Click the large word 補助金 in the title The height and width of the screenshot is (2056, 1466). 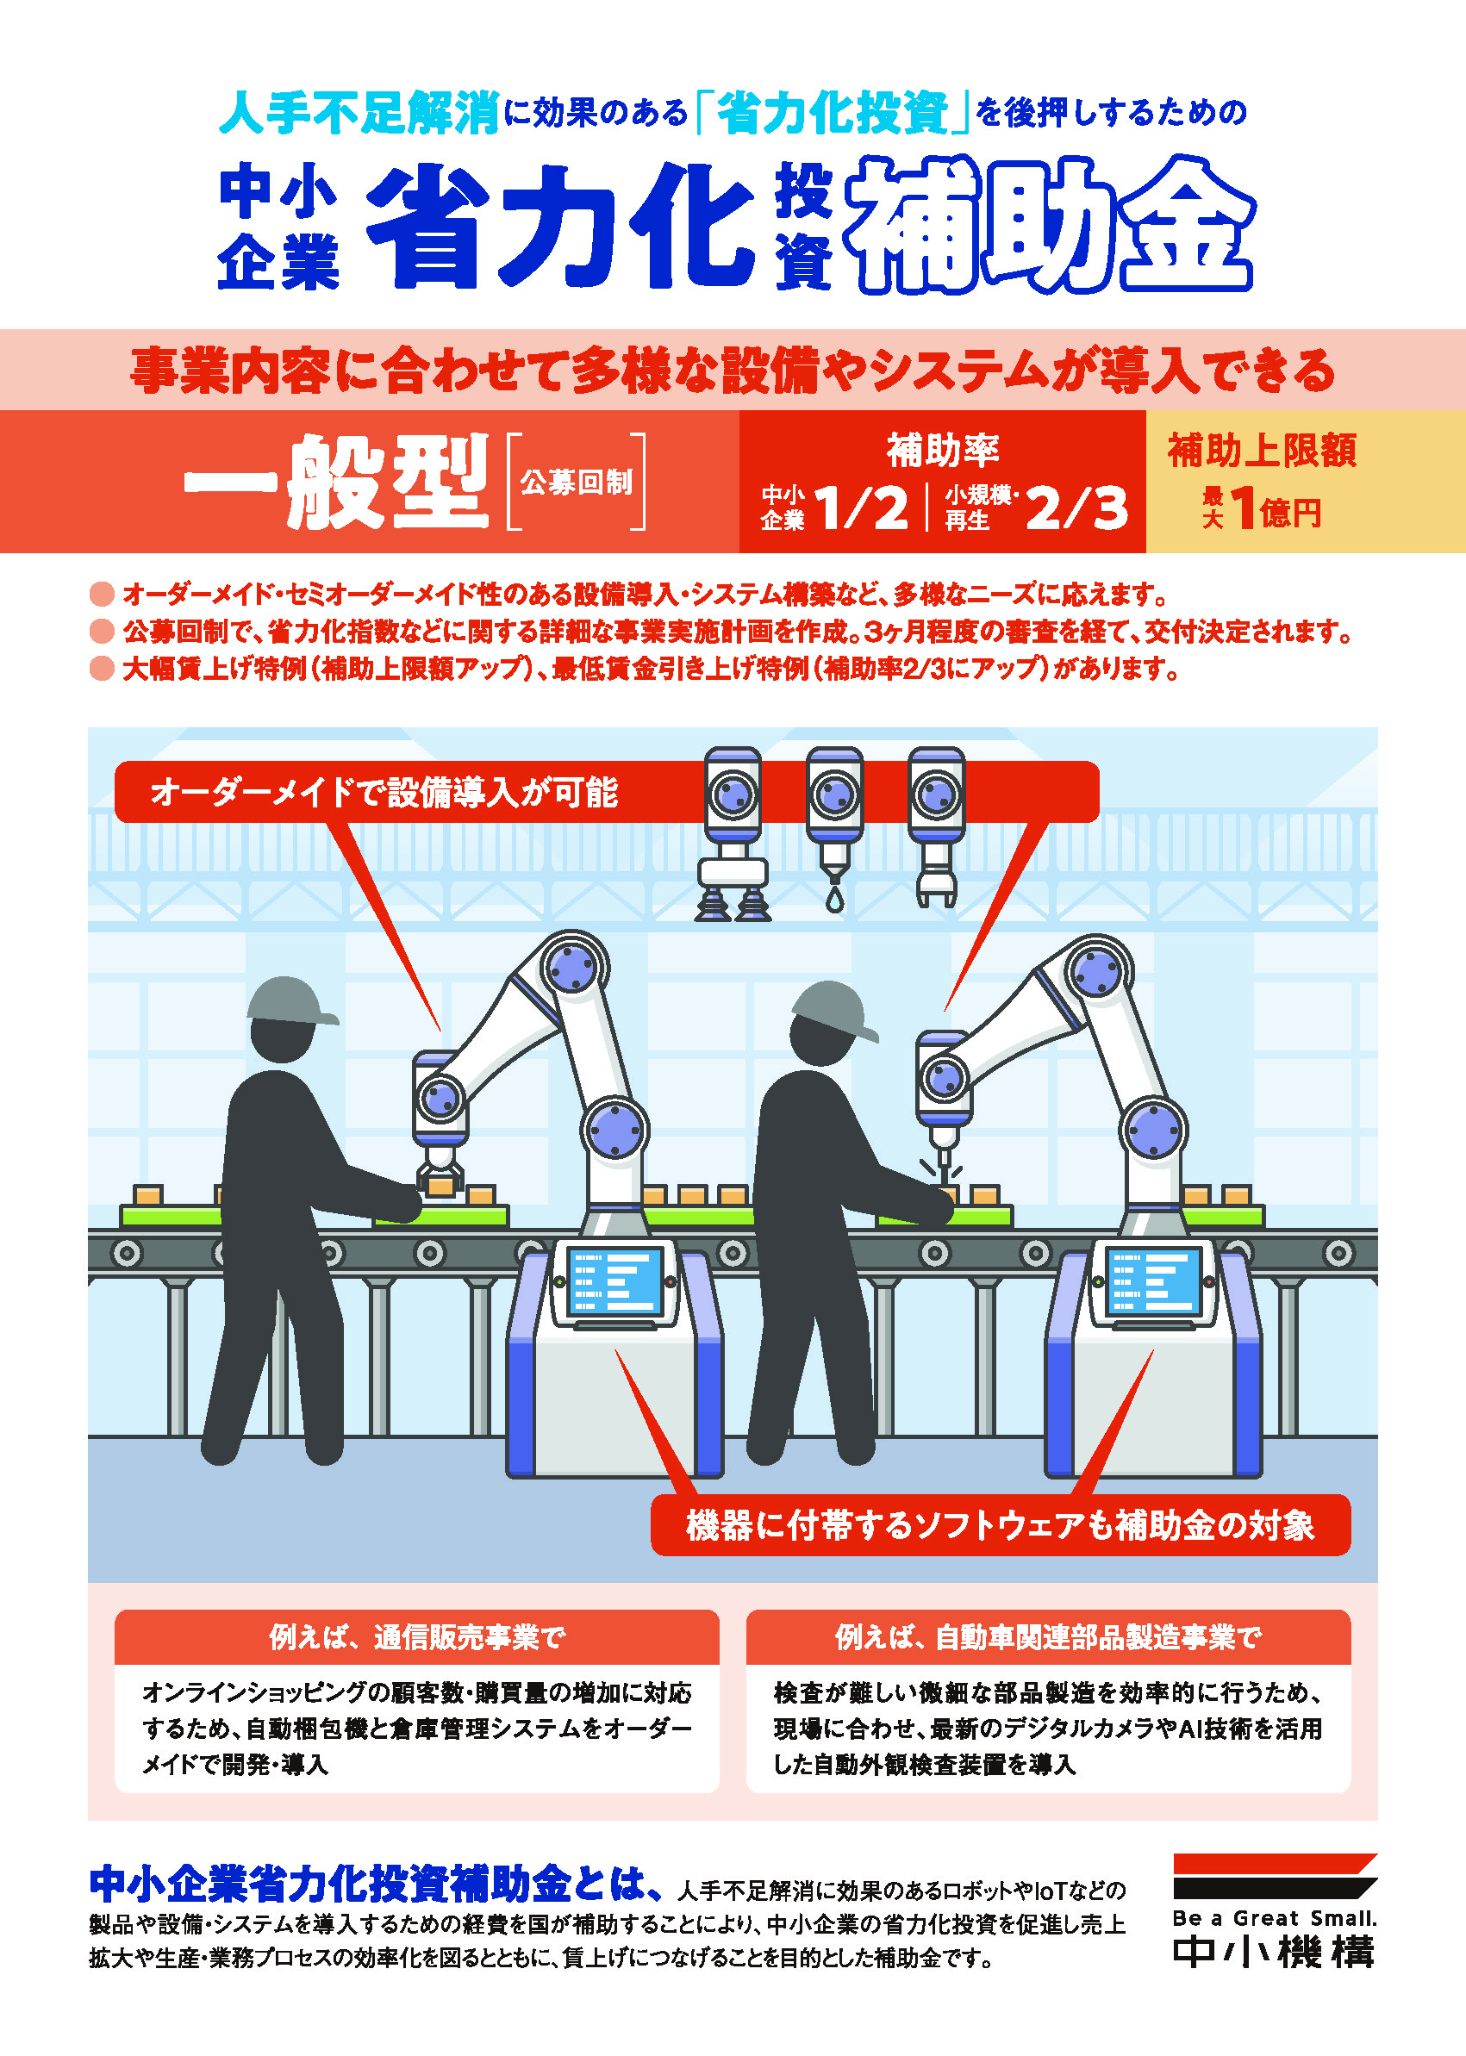(x=1049, y=226)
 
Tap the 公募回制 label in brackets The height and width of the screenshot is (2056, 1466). (x=577, y=482)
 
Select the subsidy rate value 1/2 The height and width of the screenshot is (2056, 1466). (x=862, y=508)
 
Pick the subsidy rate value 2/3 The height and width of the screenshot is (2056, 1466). (x=1077, y=508)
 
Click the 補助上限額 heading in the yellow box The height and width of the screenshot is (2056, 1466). (x=1262, y=451)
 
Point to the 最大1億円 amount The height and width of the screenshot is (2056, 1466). (x=1262, y=509)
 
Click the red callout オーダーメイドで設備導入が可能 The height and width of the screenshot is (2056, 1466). (x=384, y=793)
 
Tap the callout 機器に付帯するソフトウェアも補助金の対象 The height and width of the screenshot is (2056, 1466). (x=1001, y=1524)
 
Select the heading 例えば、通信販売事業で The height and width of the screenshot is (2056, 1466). (x=417, y=1636)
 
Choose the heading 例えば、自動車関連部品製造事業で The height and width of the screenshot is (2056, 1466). (x=1048, y=1636)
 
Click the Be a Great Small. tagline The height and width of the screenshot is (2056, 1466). (x=1275, y=1918)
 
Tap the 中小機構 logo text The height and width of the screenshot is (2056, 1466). (x=1275, y=1953)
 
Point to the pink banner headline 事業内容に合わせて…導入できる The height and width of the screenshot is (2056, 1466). (x=732, y=370)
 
